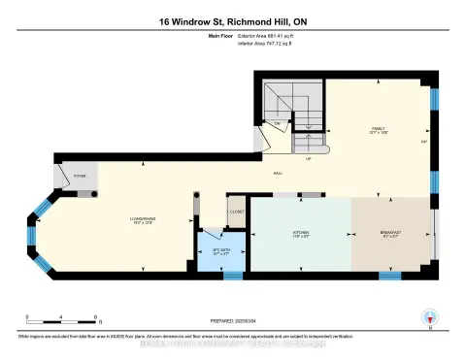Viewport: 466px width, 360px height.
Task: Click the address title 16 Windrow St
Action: tap(232, 21)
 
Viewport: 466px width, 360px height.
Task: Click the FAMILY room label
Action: tap(379, 128)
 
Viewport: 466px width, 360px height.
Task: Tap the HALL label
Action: tap(278, 172)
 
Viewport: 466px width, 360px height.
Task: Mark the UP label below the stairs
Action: tap(308, 159)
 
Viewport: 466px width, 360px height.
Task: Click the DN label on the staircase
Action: tap(278, 124)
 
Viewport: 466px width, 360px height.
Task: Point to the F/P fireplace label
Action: tap(424, 142)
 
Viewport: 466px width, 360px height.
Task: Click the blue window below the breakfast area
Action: tap(389, 277)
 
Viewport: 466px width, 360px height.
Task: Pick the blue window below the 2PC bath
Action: tap(233, 277)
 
